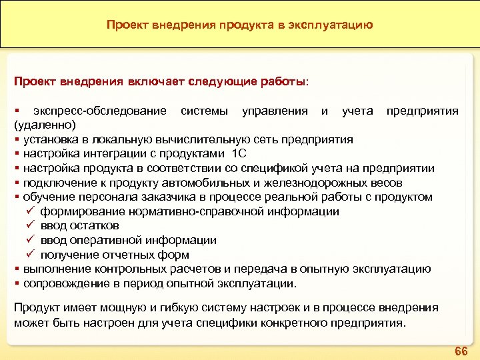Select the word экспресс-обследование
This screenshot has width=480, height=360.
coord(100,110)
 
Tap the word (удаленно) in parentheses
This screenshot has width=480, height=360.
coord(45,125)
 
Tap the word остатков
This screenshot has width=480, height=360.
coord(93,226)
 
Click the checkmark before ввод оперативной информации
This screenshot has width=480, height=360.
coord(30,240)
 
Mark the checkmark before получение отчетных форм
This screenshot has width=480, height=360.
coord(30,255)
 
